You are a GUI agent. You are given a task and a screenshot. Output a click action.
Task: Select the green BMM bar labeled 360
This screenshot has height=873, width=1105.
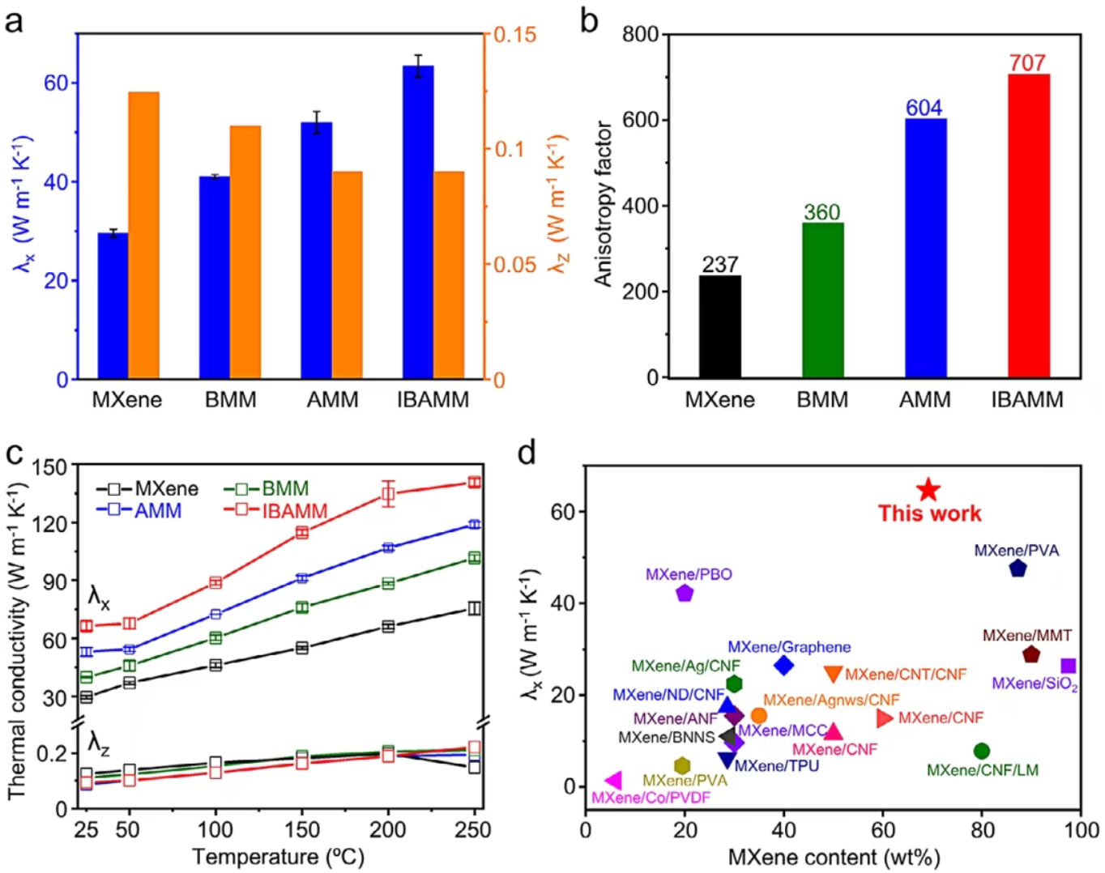(822, 300)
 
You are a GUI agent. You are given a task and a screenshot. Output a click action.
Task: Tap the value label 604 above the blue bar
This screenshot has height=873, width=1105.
(924, 108)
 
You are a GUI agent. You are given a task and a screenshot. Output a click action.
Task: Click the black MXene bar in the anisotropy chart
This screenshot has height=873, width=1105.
(719, 326)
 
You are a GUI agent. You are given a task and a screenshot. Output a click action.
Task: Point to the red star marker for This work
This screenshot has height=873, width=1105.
(928, 490)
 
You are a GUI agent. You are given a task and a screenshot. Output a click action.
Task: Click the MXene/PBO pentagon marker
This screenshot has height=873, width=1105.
(685, 593)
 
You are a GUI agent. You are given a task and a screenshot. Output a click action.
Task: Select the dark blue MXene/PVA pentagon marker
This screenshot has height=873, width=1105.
(1018, 569)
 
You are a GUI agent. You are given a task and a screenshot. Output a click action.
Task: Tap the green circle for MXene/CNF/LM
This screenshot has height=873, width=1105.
(982, 751)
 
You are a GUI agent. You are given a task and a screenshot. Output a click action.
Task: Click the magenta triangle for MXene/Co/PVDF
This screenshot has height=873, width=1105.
(613, 781)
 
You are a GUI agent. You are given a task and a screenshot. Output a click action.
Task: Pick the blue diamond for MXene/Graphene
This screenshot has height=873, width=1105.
(783, 666)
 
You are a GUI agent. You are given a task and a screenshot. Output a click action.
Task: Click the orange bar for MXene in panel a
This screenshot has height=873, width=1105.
(144, 235)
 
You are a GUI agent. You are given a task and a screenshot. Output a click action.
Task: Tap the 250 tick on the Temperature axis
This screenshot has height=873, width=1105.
(473, 830)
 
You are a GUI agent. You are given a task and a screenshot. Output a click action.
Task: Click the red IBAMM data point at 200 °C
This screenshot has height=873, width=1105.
(388, 494)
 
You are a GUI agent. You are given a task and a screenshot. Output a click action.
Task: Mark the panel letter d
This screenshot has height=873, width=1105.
(527, 454)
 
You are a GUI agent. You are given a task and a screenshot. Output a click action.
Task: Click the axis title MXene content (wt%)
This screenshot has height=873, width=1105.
(834, 858)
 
